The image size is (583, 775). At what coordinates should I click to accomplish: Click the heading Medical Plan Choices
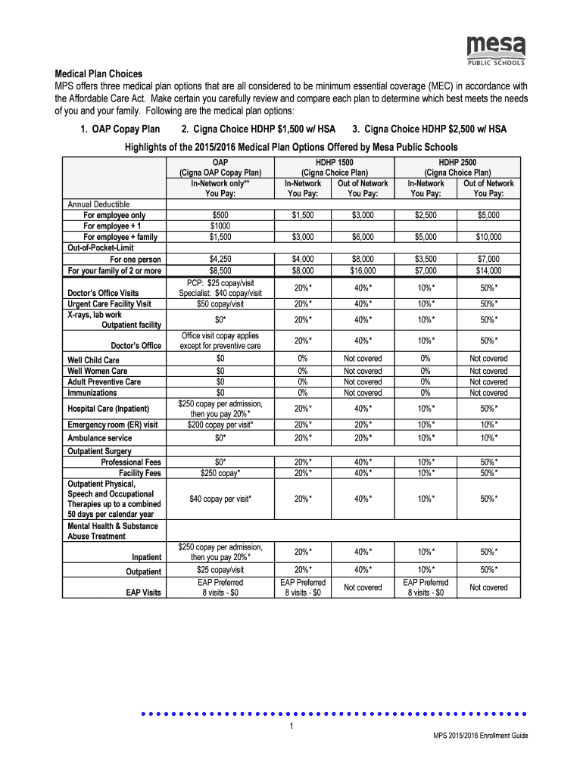(x=98, y=74)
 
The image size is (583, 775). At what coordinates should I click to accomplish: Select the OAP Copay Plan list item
(x=120, y=129)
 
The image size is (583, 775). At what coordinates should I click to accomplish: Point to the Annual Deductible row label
(x=98, y=204)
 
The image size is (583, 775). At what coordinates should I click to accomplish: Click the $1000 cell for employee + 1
(x=220, y=226)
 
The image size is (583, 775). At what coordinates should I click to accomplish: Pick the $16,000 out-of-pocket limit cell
(x=362, y=270)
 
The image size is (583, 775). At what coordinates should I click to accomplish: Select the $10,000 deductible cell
(x=488, y=237)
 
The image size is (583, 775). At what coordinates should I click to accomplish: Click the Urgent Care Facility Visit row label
(x=110, y=303)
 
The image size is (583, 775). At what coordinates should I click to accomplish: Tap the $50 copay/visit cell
(x=220, y=303)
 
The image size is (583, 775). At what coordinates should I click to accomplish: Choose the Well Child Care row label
(x=94, y=360)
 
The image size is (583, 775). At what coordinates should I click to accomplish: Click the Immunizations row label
(x=92, y=393)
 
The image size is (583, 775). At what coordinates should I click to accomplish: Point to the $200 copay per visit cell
(x=220, y=425)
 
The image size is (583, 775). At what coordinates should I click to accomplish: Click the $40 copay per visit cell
(x=220, y=499)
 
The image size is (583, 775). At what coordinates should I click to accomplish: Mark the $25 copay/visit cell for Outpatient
(x=220, y=570)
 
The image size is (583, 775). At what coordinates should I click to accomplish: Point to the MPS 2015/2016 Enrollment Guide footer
(x=480, y=736)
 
